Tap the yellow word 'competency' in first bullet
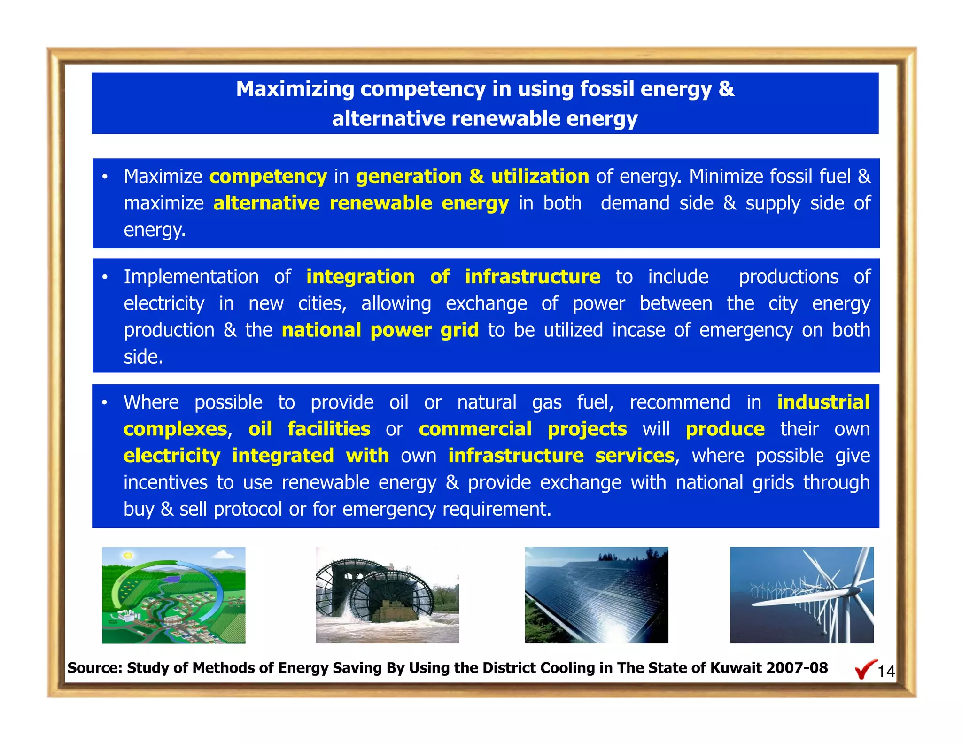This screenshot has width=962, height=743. click(268, 177)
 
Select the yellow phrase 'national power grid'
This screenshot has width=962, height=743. click(380, 330)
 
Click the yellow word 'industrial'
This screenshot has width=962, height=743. click(823, 402)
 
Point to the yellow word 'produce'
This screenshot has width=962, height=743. click(725, 429)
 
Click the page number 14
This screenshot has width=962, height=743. click(886, 672)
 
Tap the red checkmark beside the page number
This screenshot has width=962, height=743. click(865, 670)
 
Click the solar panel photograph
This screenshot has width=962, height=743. click(596, 595)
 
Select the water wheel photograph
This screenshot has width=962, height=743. click(387, 595)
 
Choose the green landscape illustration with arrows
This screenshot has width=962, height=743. click(173, 595)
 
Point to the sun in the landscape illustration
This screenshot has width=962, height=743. click(127, 556)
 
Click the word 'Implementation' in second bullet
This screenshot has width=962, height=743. click(191, 277)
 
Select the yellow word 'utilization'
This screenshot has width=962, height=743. click(540, 177)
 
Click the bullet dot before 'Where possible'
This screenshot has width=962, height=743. click(105, 402)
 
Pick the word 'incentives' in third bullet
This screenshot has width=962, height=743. click(165, 483)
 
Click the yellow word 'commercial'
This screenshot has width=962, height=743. click(475, 429)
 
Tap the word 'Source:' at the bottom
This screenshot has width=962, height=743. click(95, 668)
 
